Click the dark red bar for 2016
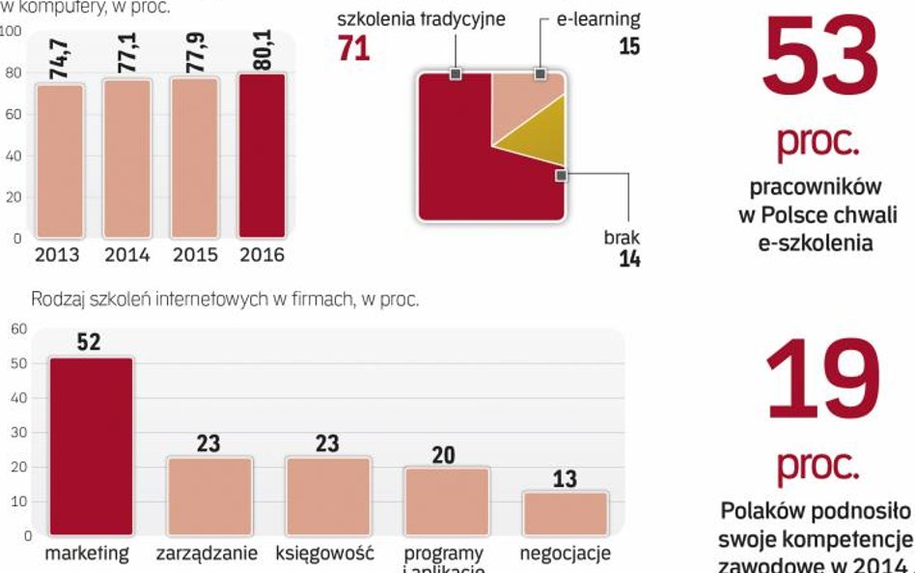pos(262,156)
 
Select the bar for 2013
pos(60,160)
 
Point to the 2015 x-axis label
pos(194,256)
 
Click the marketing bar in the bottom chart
pos(91,446)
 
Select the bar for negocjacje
pos(565,513)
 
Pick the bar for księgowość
pos(328,496)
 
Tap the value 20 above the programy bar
pos(444,455)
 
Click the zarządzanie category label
pos(207,555)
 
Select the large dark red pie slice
pos(463,174)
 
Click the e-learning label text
pos(597,19)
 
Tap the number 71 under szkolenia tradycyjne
pos(354,47)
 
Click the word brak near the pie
pos(622,237)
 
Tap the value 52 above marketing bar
pos(89,343)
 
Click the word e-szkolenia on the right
pos(815,244)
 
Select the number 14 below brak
pos(629,258)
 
